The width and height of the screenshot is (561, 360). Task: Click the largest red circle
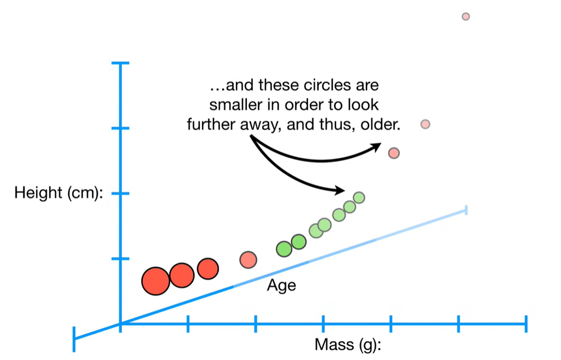tap(156, 281)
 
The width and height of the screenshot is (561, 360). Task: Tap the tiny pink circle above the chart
tap(465, 17)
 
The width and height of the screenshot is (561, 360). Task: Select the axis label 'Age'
tap(281, 285)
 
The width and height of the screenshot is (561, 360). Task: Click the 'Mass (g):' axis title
tap(348, 344)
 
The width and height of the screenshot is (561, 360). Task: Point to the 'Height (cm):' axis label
tap(59, 193)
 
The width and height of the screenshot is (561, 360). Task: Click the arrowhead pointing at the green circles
tap(339, 190)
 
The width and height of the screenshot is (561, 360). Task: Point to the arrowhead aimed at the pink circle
tap(376, 146)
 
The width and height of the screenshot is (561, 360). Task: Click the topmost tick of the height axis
tap(120, 63)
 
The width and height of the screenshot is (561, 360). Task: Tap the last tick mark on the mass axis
tap(526, 324)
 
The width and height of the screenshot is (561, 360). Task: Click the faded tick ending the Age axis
tap(466, 210)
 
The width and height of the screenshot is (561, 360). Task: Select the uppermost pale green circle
tap(359, 197)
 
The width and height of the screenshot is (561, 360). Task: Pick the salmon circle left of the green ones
tap(249, 260)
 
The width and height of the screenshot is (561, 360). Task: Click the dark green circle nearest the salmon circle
tap(284, 249)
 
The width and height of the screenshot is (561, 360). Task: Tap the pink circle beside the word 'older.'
tap(425, 124)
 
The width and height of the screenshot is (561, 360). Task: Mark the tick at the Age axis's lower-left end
tap(74, 339)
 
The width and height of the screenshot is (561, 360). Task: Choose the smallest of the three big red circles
tap(208, 268)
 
